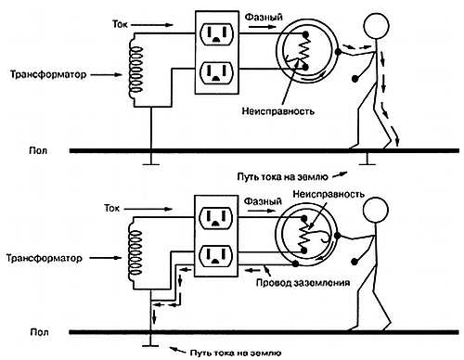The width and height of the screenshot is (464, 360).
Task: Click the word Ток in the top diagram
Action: pos(120,24)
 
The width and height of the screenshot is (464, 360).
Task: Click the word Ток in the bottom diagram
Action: pos(111,208)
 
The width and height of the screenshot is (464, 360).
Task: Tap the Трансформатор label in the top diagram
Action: pos(48,74)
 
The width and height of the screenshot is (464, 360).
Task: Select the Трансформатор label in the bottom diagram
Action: pos(45,258)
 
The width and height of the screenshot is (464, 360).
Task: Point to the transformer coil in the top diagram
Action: pos(135,70)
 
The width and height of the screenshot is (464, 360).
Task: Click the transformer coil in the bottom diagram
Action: pos(135,253)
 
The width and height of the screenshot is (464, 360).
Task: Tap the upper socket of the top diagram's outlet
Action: pos(216,33)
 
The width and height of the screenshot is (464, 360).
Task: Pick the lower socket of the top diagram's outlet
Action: pos(216,72)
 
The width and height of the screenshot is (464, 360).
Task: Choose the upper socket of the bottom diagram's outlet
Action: pos(215,217)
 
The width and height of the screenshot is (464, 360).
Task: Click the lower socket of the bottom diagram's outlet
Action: pos(215,256)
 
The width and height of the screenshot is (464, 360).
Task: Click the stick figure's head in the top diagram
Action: pos(376,26)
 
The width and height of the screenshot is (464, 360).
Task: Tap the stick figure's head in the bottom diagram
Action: pos(375,210)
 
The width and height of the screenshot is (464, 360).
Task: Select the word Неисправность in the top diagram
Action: pos(278,111)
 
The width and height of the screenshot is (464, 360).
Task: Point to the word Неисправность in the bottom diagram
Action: pos(329,194)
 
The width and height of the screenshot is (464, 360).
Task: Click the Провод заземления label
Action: pos(303,282)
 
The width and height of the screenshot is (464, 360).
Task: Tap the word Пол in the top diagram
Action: pos(38,150)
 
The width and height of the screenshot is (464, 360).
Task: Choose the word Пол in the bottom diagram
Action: pos(39,332)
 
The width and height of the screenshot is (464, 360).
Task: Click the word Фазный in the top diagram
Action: pos(264,17)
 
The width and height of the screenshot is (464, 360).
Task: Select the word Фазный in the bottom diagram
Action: pos(263,201)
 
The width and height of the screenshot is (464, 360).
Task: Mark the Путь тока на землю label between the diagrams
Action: pos(282,177)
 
